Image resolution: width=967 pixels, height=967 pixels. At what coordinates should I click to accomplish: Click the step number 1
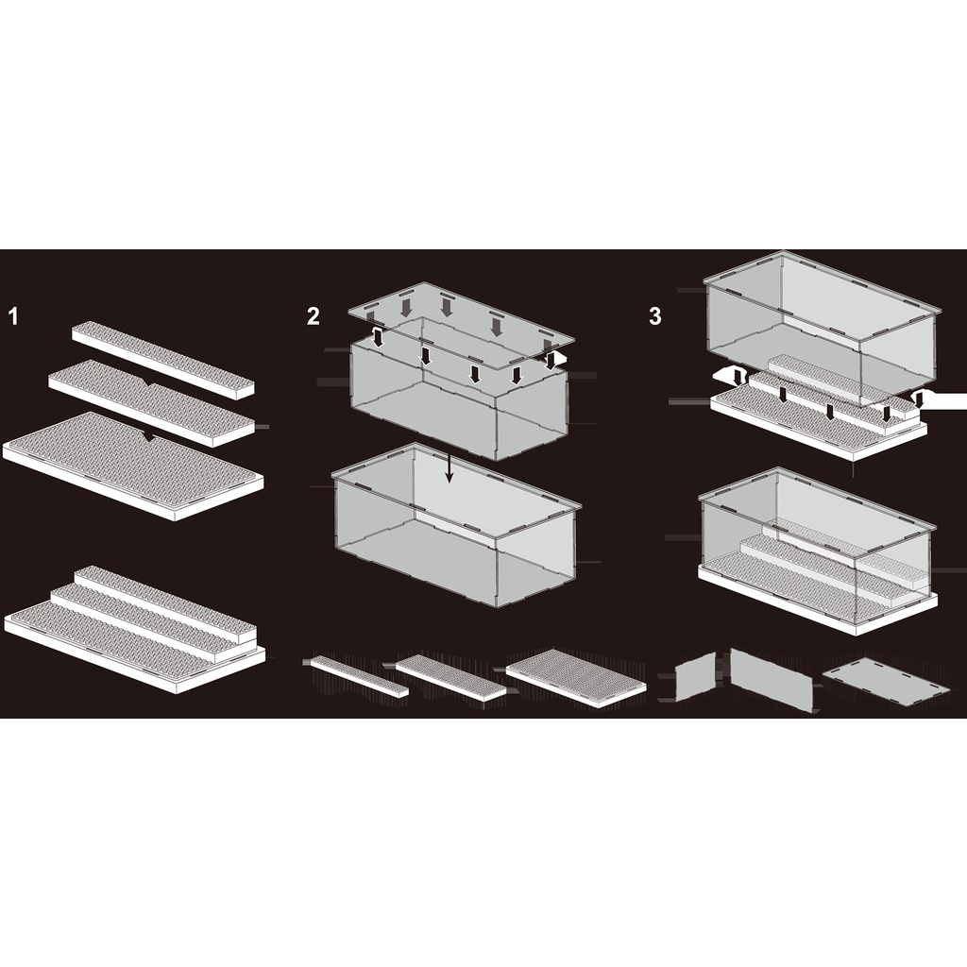point(13,316)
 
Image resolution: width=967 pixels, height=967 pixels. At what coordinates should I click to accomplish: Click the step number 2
point(314,316)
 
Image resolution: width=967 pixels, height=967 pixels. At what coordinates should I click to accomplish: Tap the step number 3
point(655,316)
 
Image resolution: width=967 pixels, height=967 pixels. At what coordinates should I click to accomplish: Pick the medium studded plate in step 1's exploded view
point(152,402)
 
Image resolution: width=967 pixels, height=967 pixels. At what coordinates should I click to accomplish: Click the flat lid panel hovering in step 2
point(461,325)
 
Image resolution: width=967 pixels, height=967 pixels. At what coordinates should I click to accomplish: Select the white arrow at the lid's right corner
point(558,360)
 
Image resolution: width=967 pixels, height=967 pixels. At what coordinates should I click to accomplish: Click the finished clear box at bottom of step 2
point(457,524)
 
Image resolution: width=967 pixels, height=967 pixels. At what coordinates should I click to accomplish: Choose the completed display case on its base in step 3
point(818,551)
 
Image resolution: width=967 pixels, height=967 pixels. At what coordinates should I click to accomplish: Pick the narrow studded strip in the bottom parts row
point(360,675)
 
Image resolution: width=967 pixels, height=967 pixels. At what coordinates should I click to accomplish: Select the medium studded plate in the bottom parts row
point(450,676)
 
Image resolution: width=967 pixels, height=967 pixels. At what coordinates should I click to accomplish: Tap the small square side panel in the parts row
point(695,676)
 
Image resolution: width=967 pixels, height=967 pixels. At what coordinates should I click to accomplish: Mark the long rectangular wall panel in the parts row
point(772,680)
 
